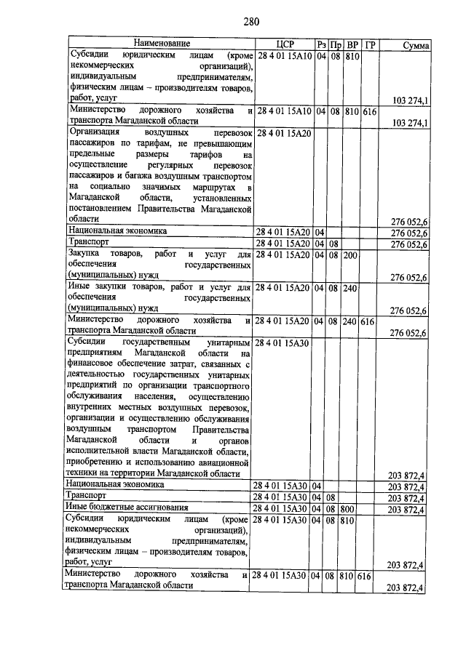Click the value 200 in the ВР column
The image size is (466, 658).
point(351,255)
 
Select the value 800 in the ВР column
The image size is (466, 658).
point(351,509)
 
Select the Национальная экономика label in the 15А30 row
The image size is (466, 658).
point(116,484)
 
